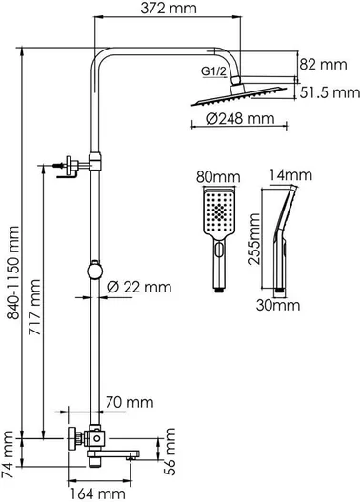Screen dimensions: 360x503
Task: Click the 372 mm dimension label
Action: point(169,8)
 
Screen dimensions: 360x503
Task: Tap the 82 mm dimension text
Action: point(323,65)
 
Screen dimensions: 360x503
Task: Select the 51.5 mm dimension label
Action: point(330,92)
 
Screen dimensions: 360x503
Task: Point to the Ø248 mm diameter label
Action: point(240,119)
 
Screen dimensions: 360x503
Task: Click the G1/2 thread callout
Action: point(213,71)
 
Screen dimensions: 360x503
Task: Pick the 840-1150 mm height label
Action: point(13,272)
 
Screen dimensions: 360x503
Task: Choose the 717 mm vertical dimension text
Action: point(34,308)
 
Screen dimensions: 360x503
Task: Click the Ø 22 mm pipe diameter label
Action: point(139,287)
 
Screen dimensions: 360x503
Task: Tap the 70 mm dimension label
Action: point(130,402)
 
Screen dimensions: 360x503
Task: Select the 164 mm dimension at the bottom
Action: point(98,494)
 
